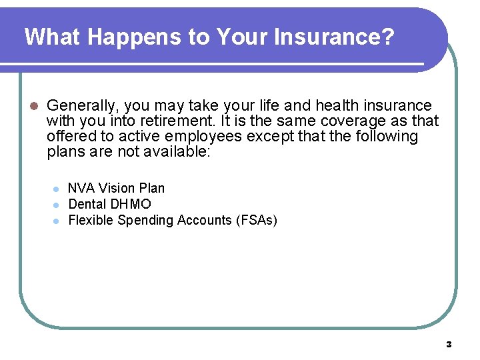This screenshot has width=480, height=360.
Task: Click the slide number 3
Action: [x=449, y=345]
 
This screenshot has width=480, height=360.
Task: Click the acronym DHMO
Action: [x=130, y=204]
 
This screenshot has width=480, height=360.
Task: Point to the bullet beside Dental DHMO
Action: [x=57, y=205]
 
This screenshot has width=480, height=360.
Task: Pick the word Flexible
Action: [x=91, y=220]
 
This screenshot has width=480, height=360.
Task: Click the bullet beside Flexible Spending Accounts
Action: [x=57, y=221]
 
